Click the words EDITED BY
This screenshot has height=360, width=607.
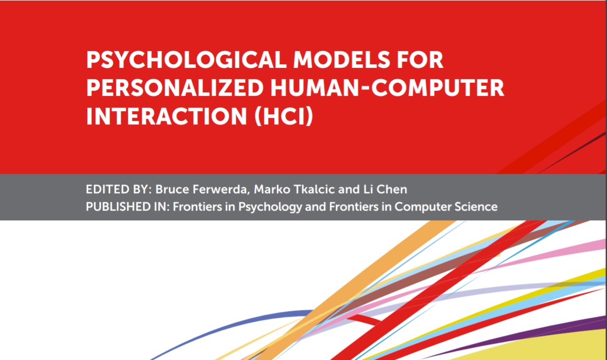pos(114,190)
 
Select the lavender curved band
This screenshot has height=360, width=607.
pos(459,296)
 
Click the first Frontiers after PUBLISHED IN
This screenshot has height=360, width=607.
pos(193,207)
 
